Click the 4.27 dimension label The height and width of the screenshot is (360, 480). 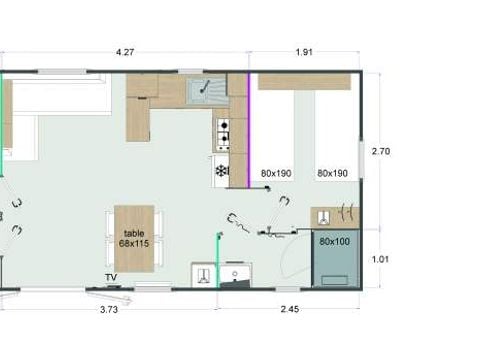point(125,52)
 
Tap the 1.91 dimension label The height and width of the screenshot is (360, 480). point(304,52)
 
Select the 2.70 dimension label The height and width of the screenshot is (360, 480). point(381,151)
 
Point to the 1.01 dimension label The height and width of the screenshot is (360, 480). point(380,259)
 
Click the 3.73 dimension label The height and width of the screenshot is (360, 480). point(109,310)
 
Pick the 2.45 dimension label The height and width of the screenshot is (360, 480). point(290,309)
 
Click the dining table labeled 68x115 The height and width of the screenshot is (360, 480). point(134,239)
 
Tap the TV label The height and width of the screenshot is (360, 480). point(111,277)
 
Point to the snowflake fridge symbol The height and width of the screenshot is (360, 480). point(221,171)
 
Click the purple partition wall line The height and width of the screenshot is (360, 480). point(248,131)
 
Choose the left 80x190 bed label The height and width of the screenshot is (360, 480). point(276,173)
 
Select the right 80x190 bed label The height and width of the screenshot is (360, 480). point(332,173)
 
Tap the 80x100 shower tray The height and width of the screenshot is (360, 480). point(335,258)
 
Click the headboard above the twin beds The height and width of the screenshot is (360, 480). point(304,82)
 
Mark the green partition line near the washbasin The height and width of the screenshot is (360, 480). point(219,260)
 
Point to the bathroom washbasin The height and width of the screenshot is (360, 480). point(236,275)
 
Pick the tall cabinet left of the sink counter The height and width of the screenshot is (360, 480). point(138,119)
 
